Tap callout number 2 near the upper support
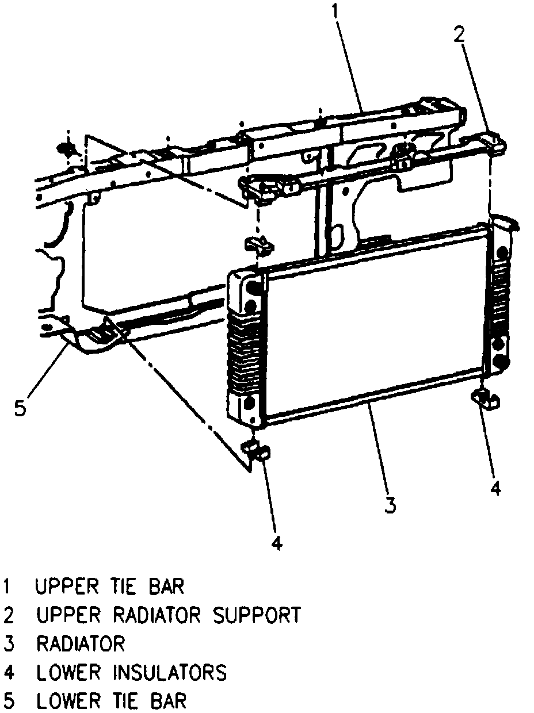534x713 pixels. (458, 36)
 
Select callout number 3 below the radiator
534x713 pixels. (390, 504)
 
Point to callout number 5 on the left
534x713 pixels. (20, 409)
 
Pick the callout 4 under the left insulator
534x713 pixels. (277, 542)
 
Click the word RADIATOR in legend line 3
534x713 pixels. (80, 643)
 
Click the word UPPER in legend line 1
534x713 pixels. (64, 587)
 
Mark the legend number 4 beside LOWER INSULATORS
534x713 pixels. (7, 672)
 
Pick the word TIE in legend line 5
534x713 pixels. (122, 701)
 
